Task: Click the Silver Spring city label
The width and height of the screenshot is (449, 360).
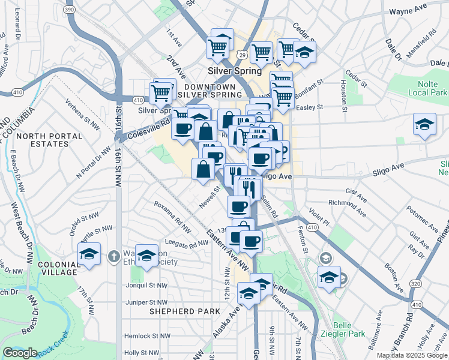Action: coord(235,71)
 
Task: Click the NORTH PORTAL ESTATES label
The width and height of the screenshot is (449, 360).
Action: coord(44,140)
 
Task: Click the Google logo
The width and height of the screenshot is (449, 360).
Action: coord(20,353)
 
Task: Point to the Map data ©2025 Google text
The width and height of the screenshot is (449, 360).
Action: coord(412,355)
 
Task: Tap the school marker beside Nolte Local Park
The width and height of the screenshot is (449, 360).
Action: coord(424,125)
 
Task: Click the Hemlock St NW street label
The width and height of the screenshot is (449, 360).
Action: coord(141,337)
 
